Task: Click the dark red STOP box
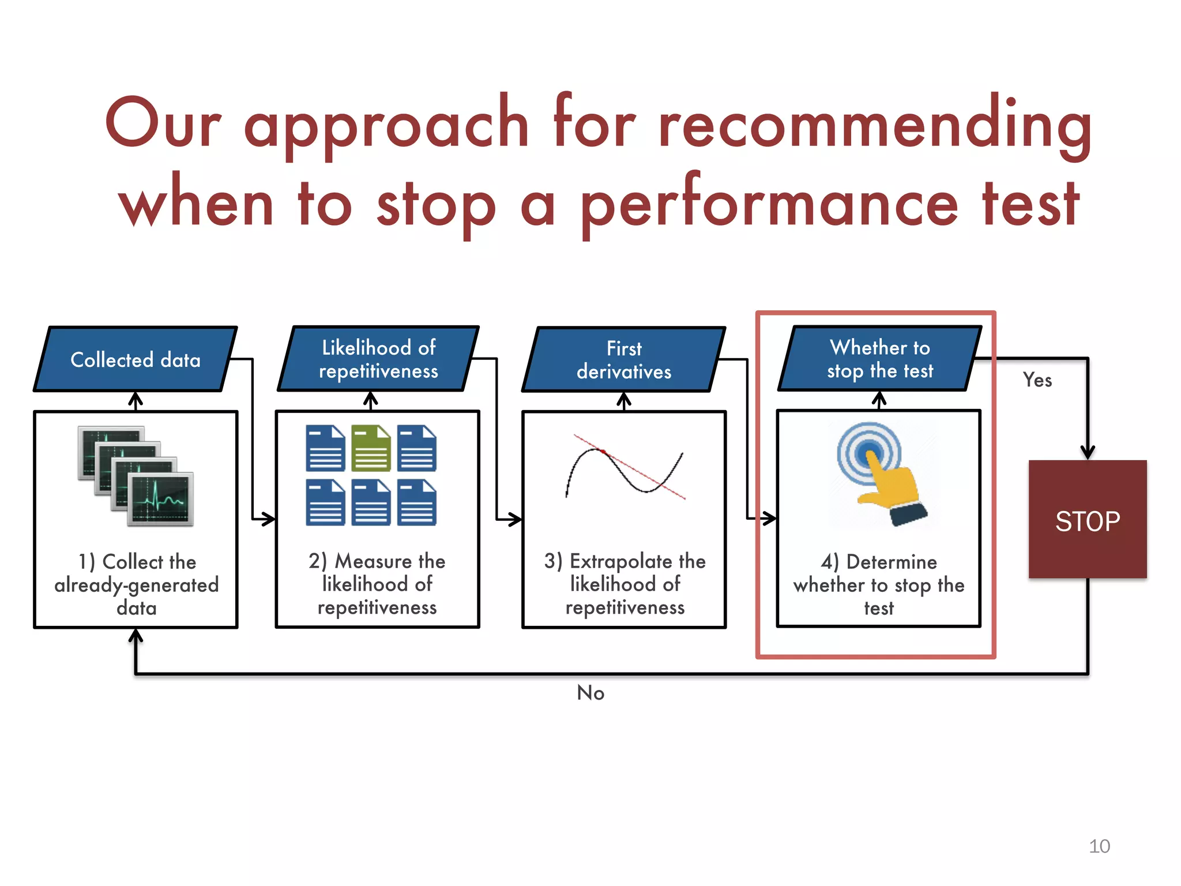click(x=1088, y=519)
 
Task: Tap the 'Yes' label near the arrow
click(x=1037, y=380)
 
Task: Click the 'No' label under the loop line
click(x=590, y=693)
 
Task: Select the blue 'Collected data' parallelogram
click(x=136, y=359)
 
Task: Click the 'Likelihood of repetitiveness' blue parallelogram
click(x=378, y=359)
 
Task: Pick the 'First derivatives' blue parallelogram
click(x=624, y=359)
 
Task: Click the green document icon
click(x=371, y=448)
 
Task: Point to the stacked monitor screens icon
click(x=136, y=476)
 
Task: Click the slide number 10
click(x=1099, y=846)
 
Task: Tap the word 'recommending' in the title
click(x=875, y=124)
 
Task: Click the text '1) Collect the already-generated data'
click(x=137, y=584)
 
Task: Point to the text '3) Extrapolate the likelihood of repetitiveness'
click(x=625, y=584)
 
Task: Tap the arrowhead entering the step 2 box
click(x=266, y=519)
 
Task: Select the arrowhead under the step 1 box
click(x=136, y=636)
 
